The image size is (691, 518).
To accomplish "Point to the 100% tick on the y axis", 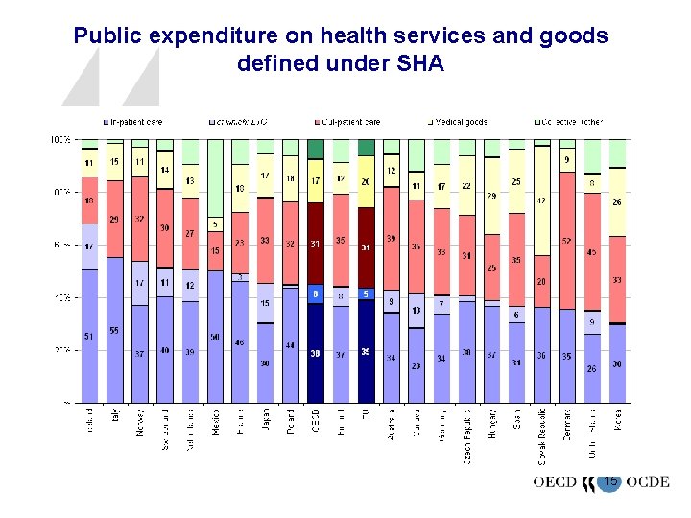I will click(60, 140).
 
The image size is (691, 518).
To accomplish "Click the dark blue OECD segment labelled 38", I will click(315, 352).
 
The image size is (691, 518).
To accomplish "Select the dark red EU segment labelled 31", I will click(366, 247).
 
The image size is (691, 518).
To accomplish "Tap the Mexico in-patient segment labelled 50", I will click(215, 338).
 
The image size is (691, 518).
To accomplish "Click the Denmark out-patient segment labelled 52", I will click(566, 241).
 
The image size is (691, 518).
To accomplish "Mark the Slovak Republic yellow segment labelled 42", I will click(541, 200).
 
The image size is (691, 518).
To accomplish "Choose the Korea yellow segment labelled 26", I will click(617, 201).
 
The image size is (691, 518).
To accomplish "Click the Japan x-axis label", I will click(265, 421).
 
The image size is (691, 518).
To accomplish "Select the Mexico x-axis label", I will click(215, 423).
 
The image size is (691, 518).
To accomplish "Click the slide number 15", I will click(609, 481).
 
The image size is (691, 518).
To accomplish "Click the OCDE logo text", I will click(646, 483).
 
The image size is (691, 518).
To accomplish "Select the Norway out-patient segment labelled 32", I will click(140, 219).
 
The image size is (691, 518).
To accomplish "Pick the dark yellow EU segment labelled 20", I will click(366, 182).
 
